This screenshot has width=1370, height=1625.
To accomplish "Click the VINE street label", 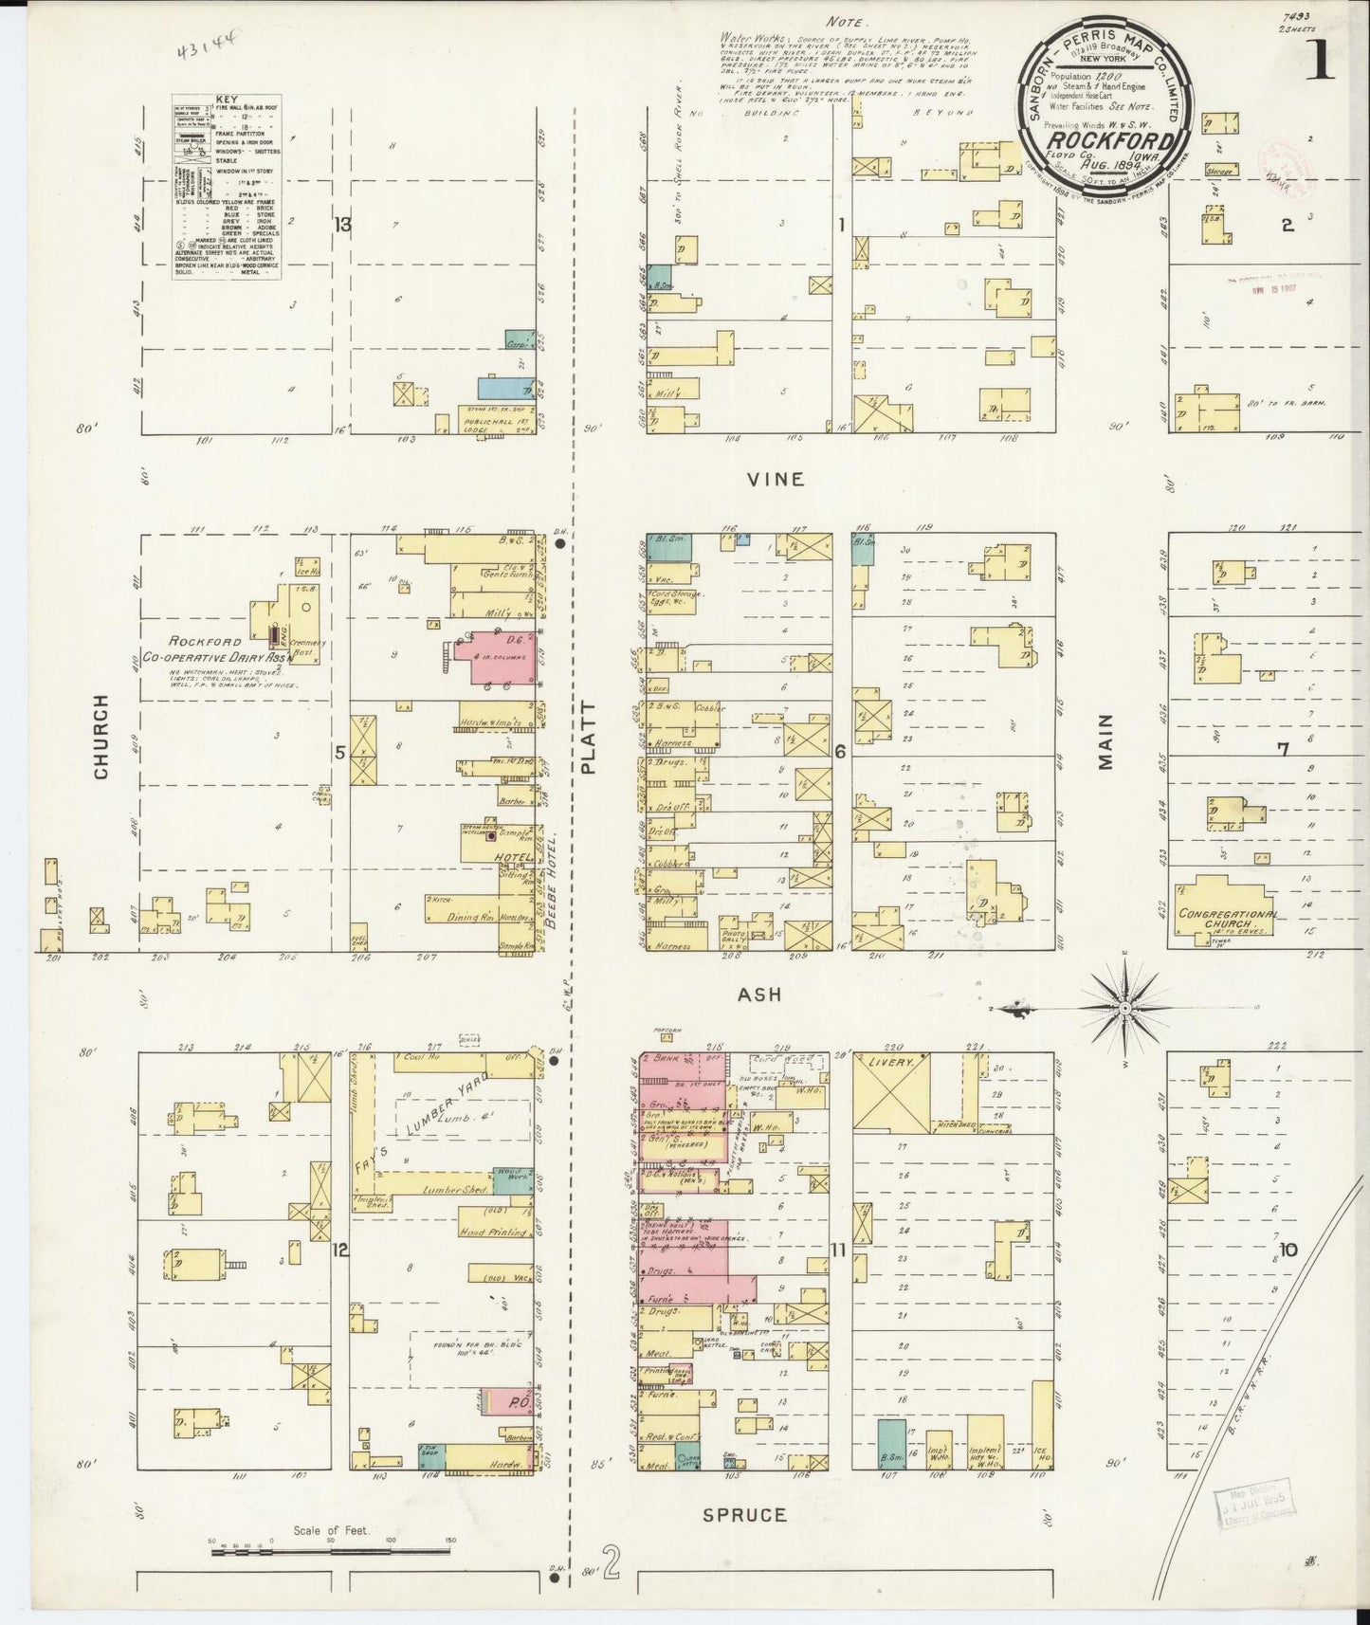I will coord(776,479).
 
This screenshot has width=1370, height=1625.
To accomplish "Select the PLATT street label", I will coord(589,738).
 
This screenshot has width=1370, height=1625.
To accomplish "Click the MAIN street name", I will coord(1105,740).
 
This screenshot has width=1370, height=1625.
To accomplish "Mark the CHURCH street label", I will coord(101,737).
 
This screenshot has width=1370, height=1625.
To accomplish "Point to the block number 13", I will coord(341,225).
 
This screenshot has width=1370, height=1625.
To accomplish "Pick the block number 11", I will coord(837,1251).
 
